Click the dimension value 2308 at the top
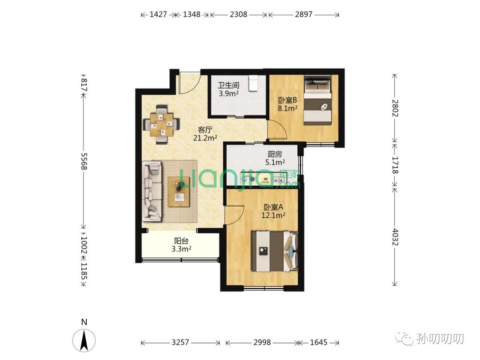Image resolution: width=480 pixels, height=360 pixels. [239, 14]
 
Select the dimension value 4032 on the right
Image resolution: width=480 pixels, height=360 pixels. [395, 237]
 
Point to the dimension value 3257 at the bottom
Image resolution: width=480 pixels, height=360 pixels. [180, 342]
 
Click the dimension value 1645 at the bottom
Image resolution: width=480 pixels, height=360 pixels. [319, 342]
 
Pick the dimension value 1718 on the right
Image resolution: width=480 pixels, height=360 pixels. [395, 165]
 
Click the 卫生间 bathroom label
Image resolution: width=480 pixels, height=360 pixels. [228, 85]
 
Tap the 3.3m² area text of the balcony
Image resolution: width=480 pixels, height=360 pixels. [181, 249]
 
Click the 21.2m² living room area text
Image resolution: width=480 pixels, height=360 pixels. [205, 138]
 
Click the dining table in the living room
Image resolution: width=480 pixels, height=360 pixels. [161, 124]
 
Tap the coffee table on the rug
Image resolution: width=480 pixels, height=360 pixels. [179, 192]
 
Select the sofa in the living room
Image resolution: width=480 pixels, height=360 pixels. [152, 191]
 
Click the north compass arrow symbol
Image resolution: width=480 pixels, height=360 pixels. [84, 340]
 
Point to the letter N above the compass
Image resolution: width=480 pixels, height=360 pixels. [84, 322]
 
